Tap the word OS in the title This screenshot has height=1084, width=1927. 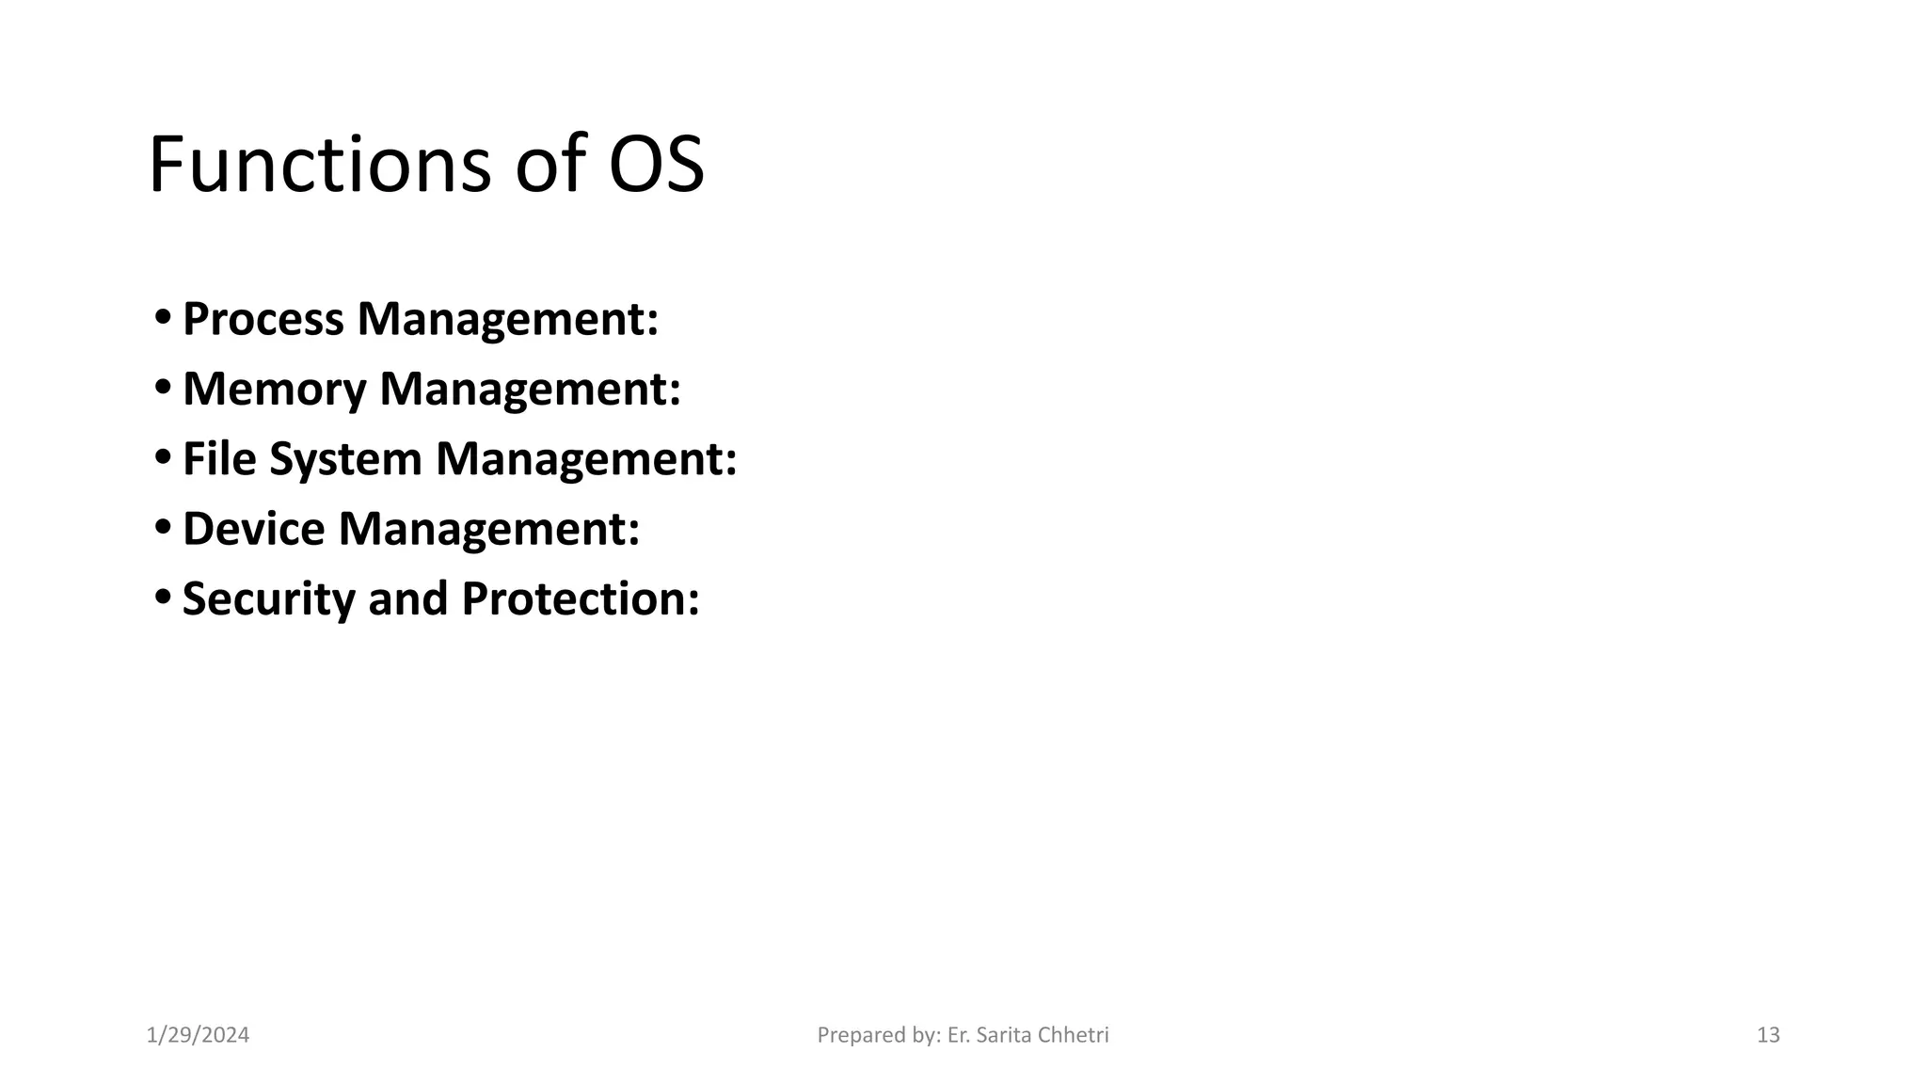pyautogui.click(x=656, y=165)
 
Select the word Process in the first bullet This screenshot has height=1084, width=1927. pyautogui.click(x=263, y=319)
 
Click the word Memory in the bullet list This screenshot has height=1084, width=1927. pyautogui.click(x=274, y=389)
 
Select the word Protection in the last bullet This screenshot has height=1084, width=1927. pyautogui.click(x=580, y=598)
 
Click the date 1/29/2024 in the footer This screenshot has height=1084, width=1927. pyautogui.click(x=199, y=1035)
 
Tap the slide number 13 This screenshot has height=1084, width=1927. pyautogui.click(x=1768, y=1035)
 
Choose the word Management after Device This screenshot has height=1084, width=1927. pyautogui.click(x=487, y=529)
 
